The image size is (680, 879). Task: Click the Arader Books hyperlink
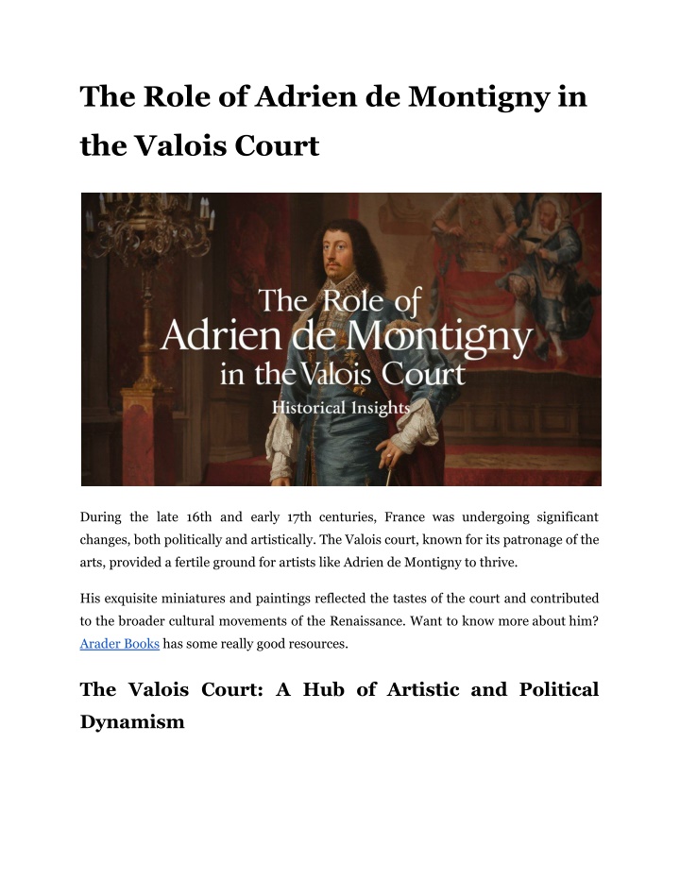click(120, 644)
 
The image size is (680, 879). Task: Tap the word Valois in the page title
click(185, 146)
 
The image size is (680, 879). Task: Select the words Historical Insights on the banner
click(341, 409)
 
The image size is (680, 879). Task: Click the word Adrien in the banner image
click(215, 334)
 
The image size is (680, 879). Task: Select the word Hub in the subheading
click(316, 689)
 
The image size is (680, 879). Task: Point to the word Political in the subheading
click(559, 689)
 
